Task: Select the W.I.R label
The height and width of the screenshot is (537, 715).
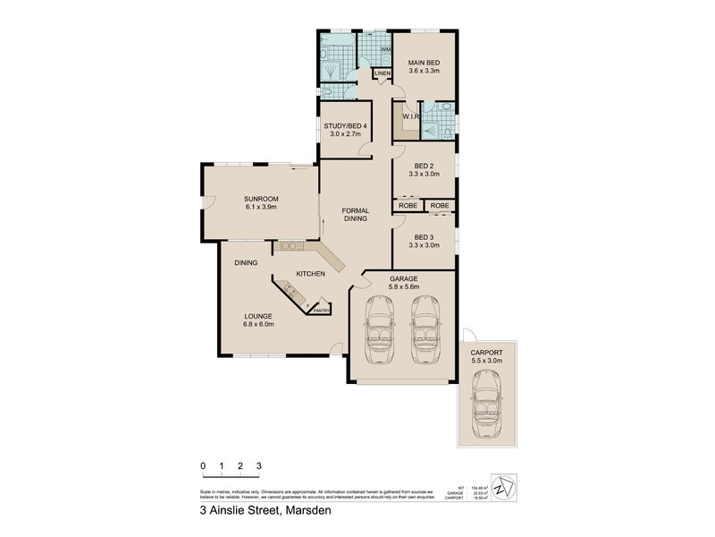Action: pyautogui.click(x=411, y=115)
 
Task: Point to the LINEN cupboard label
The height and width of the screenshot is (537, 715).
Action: pyautogui.click(x=383, y=72)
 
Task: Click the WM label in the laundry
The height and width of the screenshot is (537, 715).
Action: pyautogui.click(x=385, y=49)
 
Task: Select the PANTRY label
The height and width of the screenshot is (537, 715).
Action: pyautogui.click(x=321, y=310)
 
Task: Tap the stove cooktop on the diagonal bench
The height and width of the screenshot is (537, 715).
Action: pyautogui.click(x=290, y=289)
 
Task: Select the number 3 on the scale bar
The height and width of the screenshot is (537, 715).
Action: pyautogui.click(x=258, y=466)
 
